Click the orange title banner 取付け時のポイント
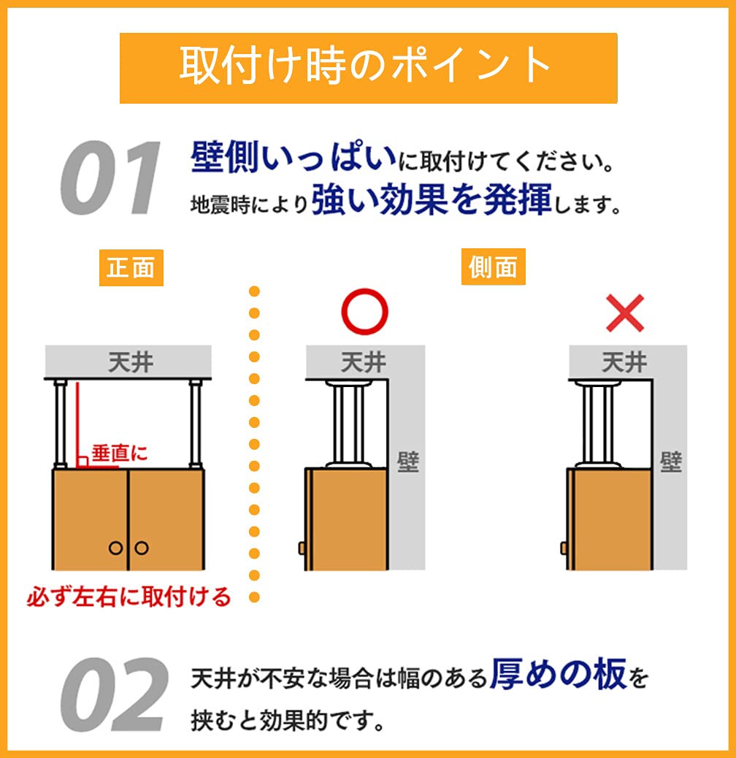point(368,67)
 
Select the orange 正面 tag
point(131,268)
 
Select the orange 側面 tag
point(494,268)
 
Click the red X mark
point(624,313)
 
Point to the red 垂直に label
point(119,453)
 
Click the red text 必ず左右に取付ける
point(129,597)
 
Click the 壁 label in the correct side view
point(408,462)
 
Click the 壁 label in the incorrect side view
point(670,462)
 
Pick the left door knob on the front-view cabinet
point(115,548)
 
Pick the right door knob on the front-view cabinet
point(141,548)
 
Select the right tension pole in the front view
point(195,424)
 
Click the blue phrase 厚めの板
point(558,675)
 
